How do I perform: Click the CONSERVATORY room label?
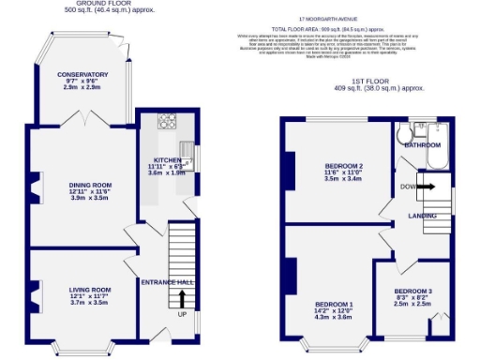[82, 74]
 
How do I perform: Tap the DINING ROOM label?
[90, 185]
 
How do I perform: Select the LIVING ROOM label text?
[90, 289]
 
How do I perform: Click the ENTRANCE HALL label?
[167, 281]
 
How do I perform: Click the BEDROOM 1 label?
[334, 305]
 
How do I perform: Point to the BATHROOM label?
[422, 145]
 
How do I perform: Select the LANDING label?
[422, 216]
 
